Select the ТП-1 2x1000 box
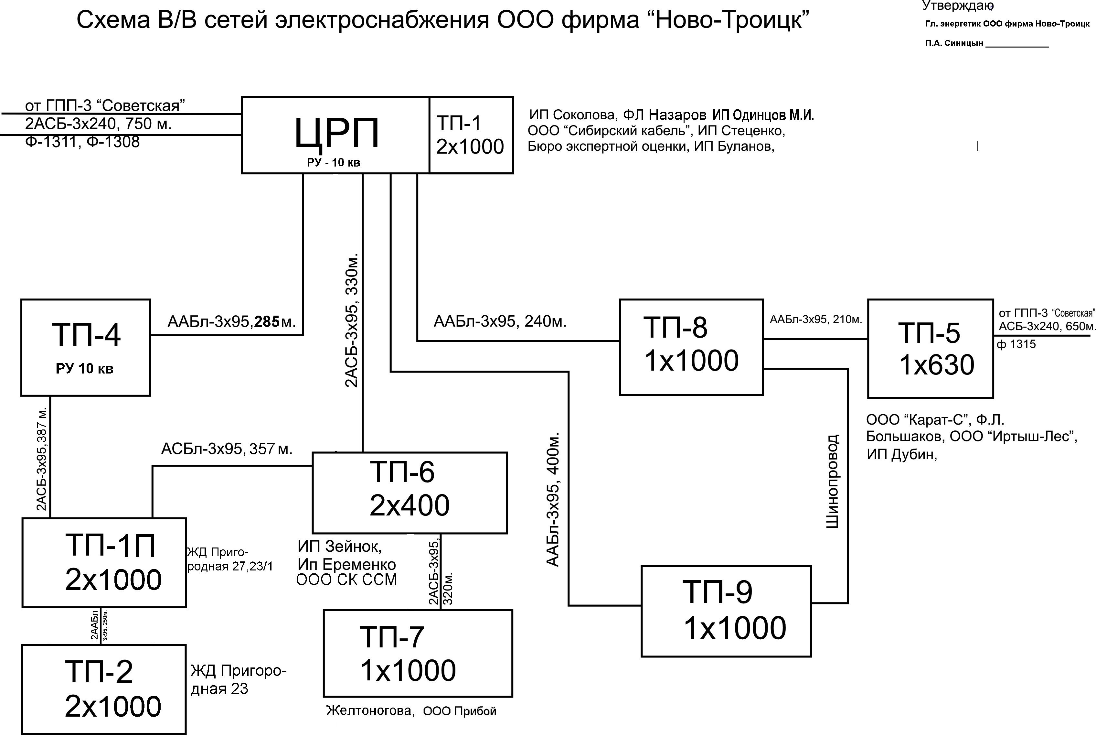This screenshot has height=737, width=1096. click(x=471, y=135)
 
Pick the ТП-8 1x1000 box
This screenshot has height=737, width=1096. click(x=691, y=347)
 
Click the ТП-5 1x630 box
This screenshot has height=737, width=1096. click(x=930, y=349)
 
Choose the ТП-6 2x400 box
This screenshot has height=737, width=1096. click(x=410, y=493)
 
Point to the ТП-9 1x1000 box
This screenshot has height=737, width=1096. click(x=726, y=611)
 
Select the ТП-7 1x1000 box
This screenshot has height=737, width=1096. click(x=418, y=653)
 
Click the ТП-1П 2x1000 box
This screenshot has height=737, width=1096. click(x=104, y=563)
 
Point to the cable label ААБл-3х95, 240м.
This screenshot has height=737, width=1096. click(x=500, y=321)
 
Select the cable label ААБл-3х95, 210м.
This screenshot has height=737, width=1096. click(x=815, y=320)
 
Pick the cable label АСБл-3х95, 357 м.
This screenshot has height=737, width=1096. click(x=227, y=449)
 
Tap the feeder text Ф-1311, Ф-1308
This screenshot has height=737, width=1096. click(x=82, y=142)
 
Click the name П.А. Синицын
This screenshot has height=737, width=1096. click(x=954, y=43)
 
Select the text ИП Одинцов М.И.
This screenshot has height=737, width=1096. click(x=763, y=115)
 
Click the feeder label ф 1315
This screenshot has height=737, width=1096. click(x=1016, y=344)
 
